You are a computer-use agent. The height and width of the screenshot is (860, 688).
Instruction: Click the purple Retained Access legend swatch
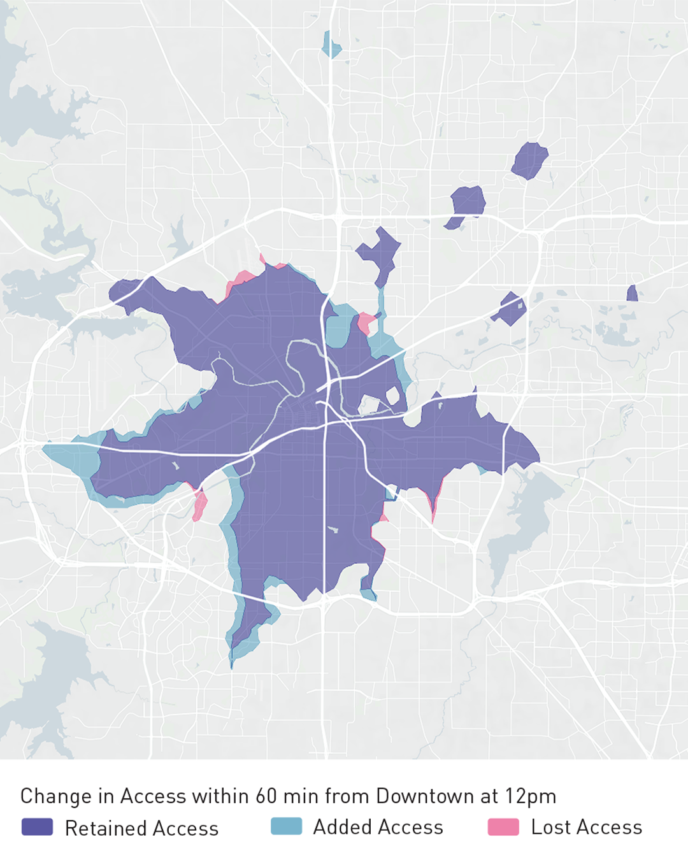click(37, 827)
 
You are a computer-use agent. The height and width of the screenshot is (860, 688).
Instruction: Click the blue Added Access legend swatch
click(286, 826)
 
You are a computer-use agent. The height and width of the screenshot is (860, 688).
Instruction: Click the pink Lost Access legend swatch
click(503, 827)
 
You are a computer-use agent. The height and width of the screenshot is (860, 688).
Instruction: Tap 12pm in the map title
click(531, 796)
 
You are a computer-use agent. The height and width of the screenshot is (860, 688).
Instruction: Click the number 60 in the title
click(267, 796)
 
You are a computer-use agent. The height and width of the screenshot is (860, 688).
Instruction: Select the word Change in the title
click(56, 796)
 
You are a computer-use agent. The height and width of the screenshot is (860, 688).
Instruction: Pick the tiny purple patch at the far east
click(632, 294)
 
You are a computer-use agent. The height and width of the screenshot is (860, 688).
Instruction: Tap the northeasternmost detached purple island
click(529, 160)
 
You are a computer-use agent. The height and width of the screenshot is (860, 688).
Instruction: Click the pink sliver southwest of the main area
click(199, 505)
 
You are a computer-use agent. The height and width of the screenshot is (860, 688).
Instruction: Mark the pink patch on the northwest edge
click(241, 280)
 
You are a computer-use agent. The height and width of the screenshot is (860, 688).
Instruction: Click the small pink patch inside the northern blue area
click(365, 322)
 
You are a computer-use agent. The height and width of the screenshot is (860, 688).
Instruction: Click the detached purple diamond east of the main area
click(510, 309)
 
